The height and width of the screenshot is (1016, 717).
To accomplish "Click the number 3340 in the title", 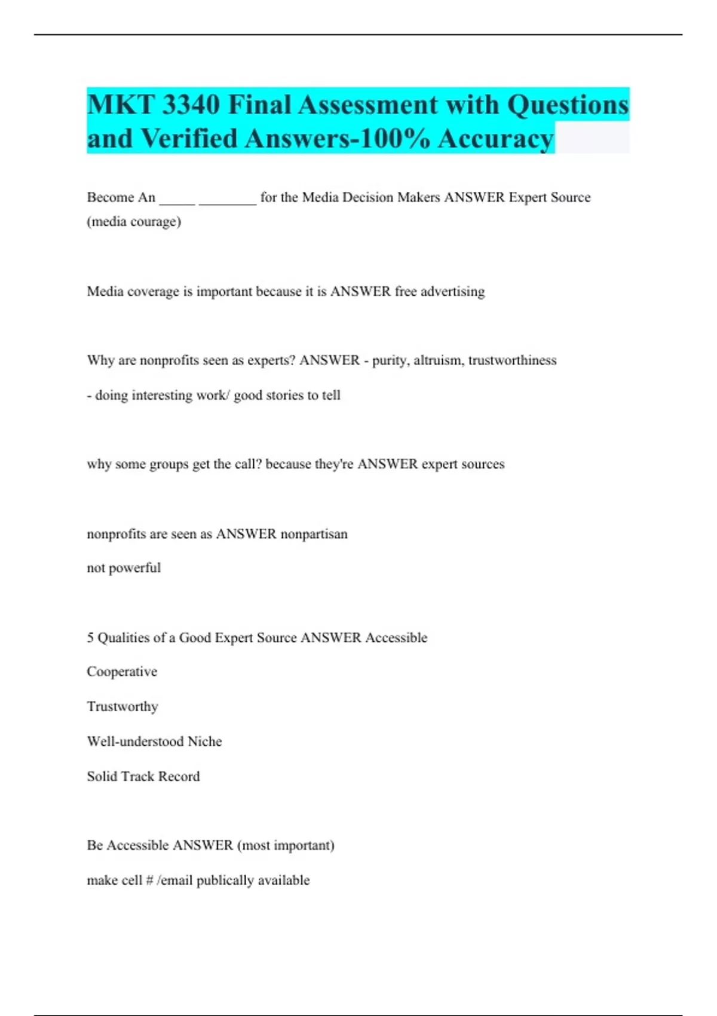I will click(x=190, y=105).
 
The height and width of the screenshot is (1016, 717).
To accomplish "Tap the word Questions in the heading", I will click(x=568, y=105).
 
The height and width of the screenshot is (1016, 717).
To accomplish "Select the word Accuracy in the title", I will click(x=495, y=139).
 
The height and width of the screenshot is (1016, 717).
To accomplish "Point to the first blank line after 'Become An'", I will click(x=177, y=198).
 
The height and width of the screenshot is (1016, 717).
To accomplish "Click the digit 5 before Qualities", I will click(x=90, y=638).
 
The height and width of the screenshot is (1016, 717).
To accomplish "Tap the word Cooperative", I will click(x=122, y=672).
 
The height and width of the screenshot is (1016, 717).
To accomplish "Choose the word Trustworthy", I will click(x=122, y=706).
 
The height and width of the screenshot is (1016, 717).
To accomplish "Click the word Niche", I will click(x=204, y=742).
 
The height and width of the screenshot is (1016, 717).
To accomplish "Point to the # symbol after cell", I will click(x=149, y=880).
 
